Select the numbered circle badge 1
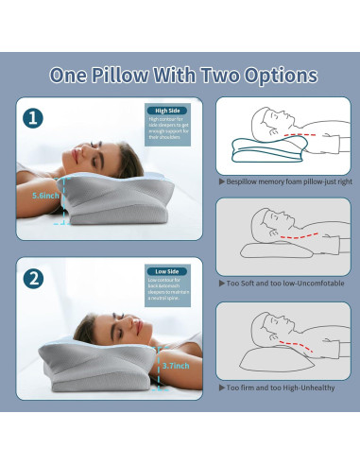coord(35,119)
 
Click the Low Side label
coord(166,271)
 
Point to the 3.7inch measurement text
coord(176,364)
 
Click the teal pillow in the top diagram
coord(254,153)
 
